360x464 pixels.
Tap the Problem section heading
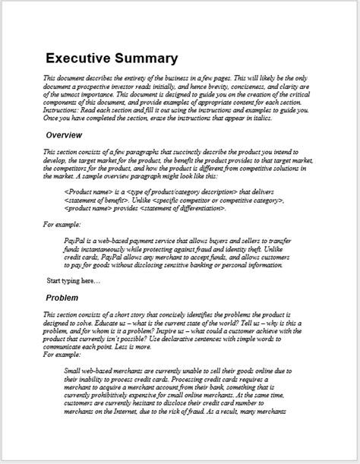tap(67, 298)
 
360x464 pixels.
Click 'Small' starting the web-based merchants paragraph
tap(74, 368)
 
